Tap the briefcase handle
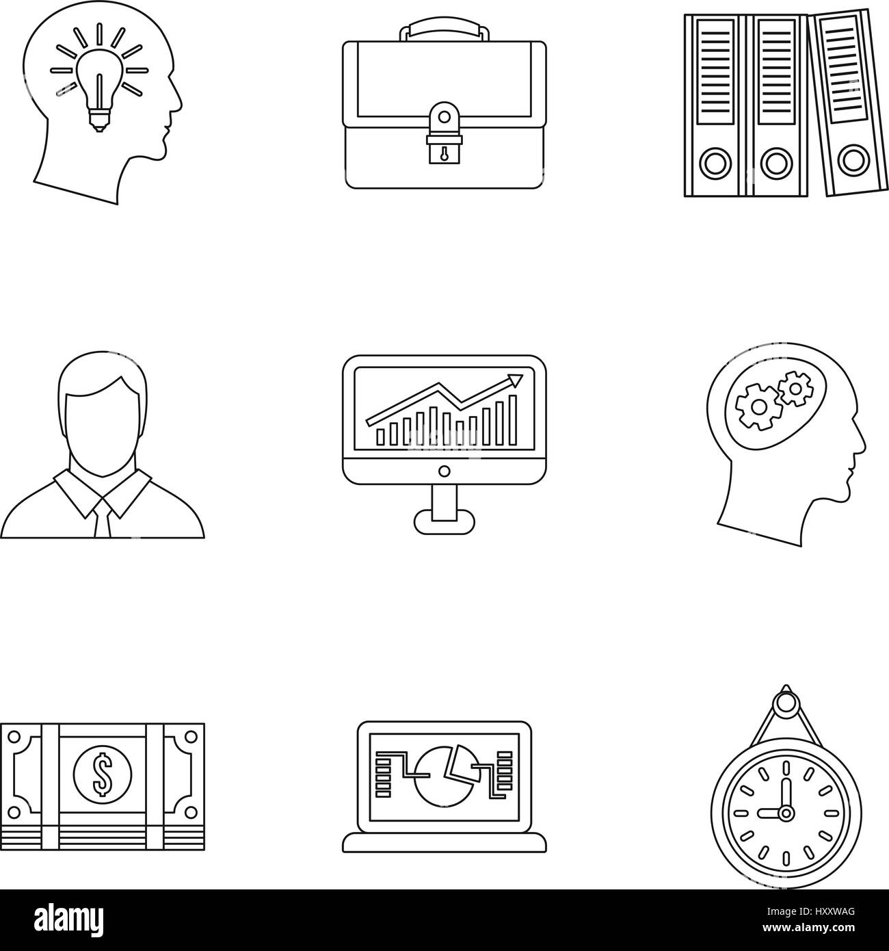(444, 30)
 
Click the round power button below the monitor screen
(444, 471)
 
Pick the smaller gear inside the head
(793, 391)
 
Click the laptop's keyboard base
(444, 843)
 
